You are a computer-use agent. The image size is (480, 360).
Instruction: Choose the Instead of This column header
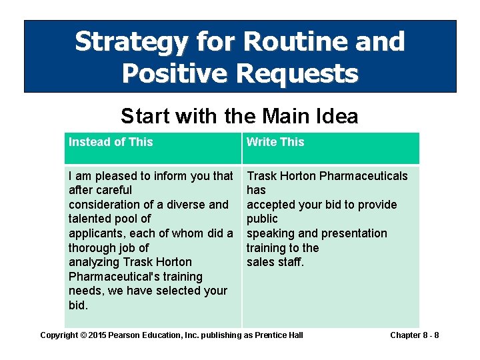pyautogui.click(x=111, y=142)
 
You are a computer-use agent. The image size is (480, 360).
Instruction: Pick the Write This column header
pyautogui.click(x=275, y=142)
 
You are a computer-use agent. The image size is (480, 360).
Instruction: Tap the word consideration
pyautogui.click(x=104, y=205)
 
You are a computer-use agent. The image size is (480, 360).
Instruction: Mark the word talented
pyautogui.click(x=90, y=219)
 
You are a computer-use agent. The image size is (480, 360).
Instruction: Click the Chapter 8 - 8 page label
pyautogui.click(x=414, y=335)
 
